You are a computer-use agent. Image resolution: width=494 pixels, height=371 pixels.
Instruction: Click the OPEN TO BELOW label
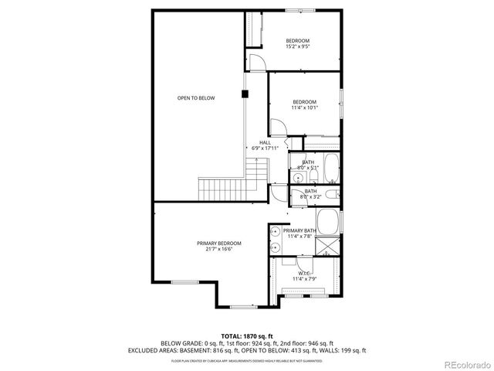pos(196,98)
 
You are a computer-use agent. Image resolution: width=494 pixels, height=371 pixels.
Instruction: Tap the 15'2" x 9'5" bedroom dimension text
pos(298,46)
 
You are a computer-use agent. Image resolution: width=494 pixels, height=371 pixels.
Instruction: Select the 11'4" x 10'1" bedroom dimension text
pos(304,108)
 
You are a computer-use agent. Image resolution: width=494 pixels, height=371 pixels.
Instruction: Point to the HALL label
pos(265,142)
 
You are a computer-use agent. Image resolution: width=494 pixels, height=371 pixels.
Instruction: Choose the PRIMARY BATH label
pos(299,231)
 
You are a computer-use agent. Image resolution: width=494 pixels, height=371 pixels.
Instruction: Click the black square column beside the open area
pos(245,94)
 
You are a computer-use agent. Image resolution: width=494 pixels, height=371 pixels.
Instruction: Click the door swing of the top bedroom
pos(259,60)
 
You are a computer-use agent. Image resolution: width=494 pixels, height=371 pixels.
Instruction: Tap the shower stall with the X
pos(330,248)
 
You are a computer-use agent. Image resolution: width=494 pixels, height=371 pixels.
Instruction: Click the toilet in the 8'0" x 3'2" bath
pos(332,196)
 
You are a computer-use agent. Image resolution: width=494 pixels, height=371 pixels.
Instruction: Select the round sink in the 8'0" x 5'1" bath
pos(297,177)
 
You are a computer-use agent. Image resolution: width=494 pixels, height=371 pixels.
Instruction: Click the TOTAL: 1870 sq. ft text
pos(247,336)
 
